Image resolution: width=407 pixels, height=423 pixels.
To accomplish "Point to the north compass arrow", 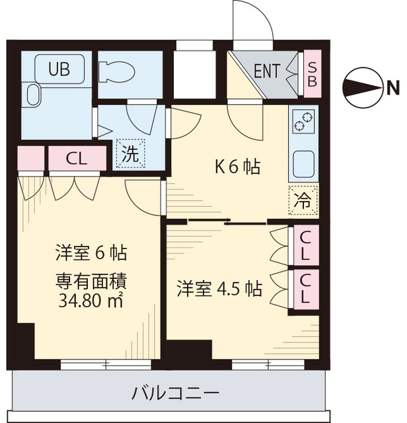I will [x=363, y=86].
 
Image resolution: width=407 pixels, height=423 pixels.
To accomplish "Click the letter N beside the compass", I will [x=392, y=86].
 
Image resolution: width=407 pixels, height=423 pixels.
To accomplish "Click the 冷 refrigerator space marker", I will [x=303, y=200].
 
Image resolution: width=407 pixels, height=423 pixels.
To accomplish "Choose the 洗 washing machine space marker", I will [x=129, y=155].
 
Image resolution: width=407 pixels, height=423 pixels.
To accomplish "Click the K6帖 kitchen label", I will [x=237, y=167].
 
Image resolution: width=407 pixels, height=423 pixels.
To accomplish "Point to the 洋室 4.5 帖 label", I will [x=219, y=288].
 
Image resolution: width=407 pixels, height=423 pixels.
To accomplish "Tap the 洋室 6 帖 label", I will [x=91, y=252].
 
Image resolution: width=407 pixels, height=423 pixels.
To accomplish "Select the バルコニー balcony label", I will [x=174, y=394].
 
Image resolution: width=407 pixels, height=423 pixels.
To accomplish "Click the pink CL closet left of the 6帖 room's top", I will [x=76, y=159].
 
